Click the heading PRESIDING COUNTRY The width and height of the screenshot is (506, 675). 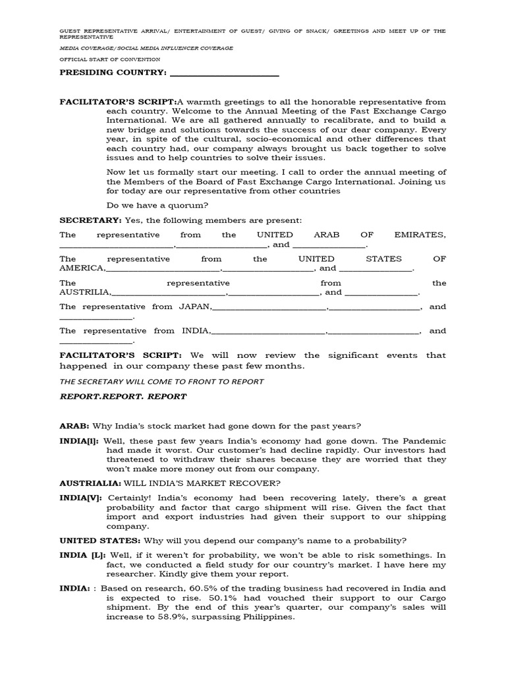point(113,73)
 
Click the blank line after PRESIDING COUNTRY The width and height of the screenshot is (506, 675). point(225,74)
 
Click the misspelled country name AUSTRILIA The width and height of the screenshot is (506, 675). point(85,293)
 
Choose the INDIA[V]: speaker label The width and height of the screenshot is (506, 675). point(81,498)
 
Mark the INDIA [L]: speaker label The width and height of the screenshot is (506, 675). point(84,555)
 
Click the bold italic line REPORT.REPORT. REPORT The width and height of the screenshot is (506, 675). point(123,397)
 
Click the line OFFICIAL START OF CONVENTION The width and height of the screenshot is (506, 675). point(109,59)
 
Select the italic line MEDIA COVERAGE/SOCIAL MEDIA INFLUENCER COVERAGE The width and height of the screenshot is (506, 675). point(146,48)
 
